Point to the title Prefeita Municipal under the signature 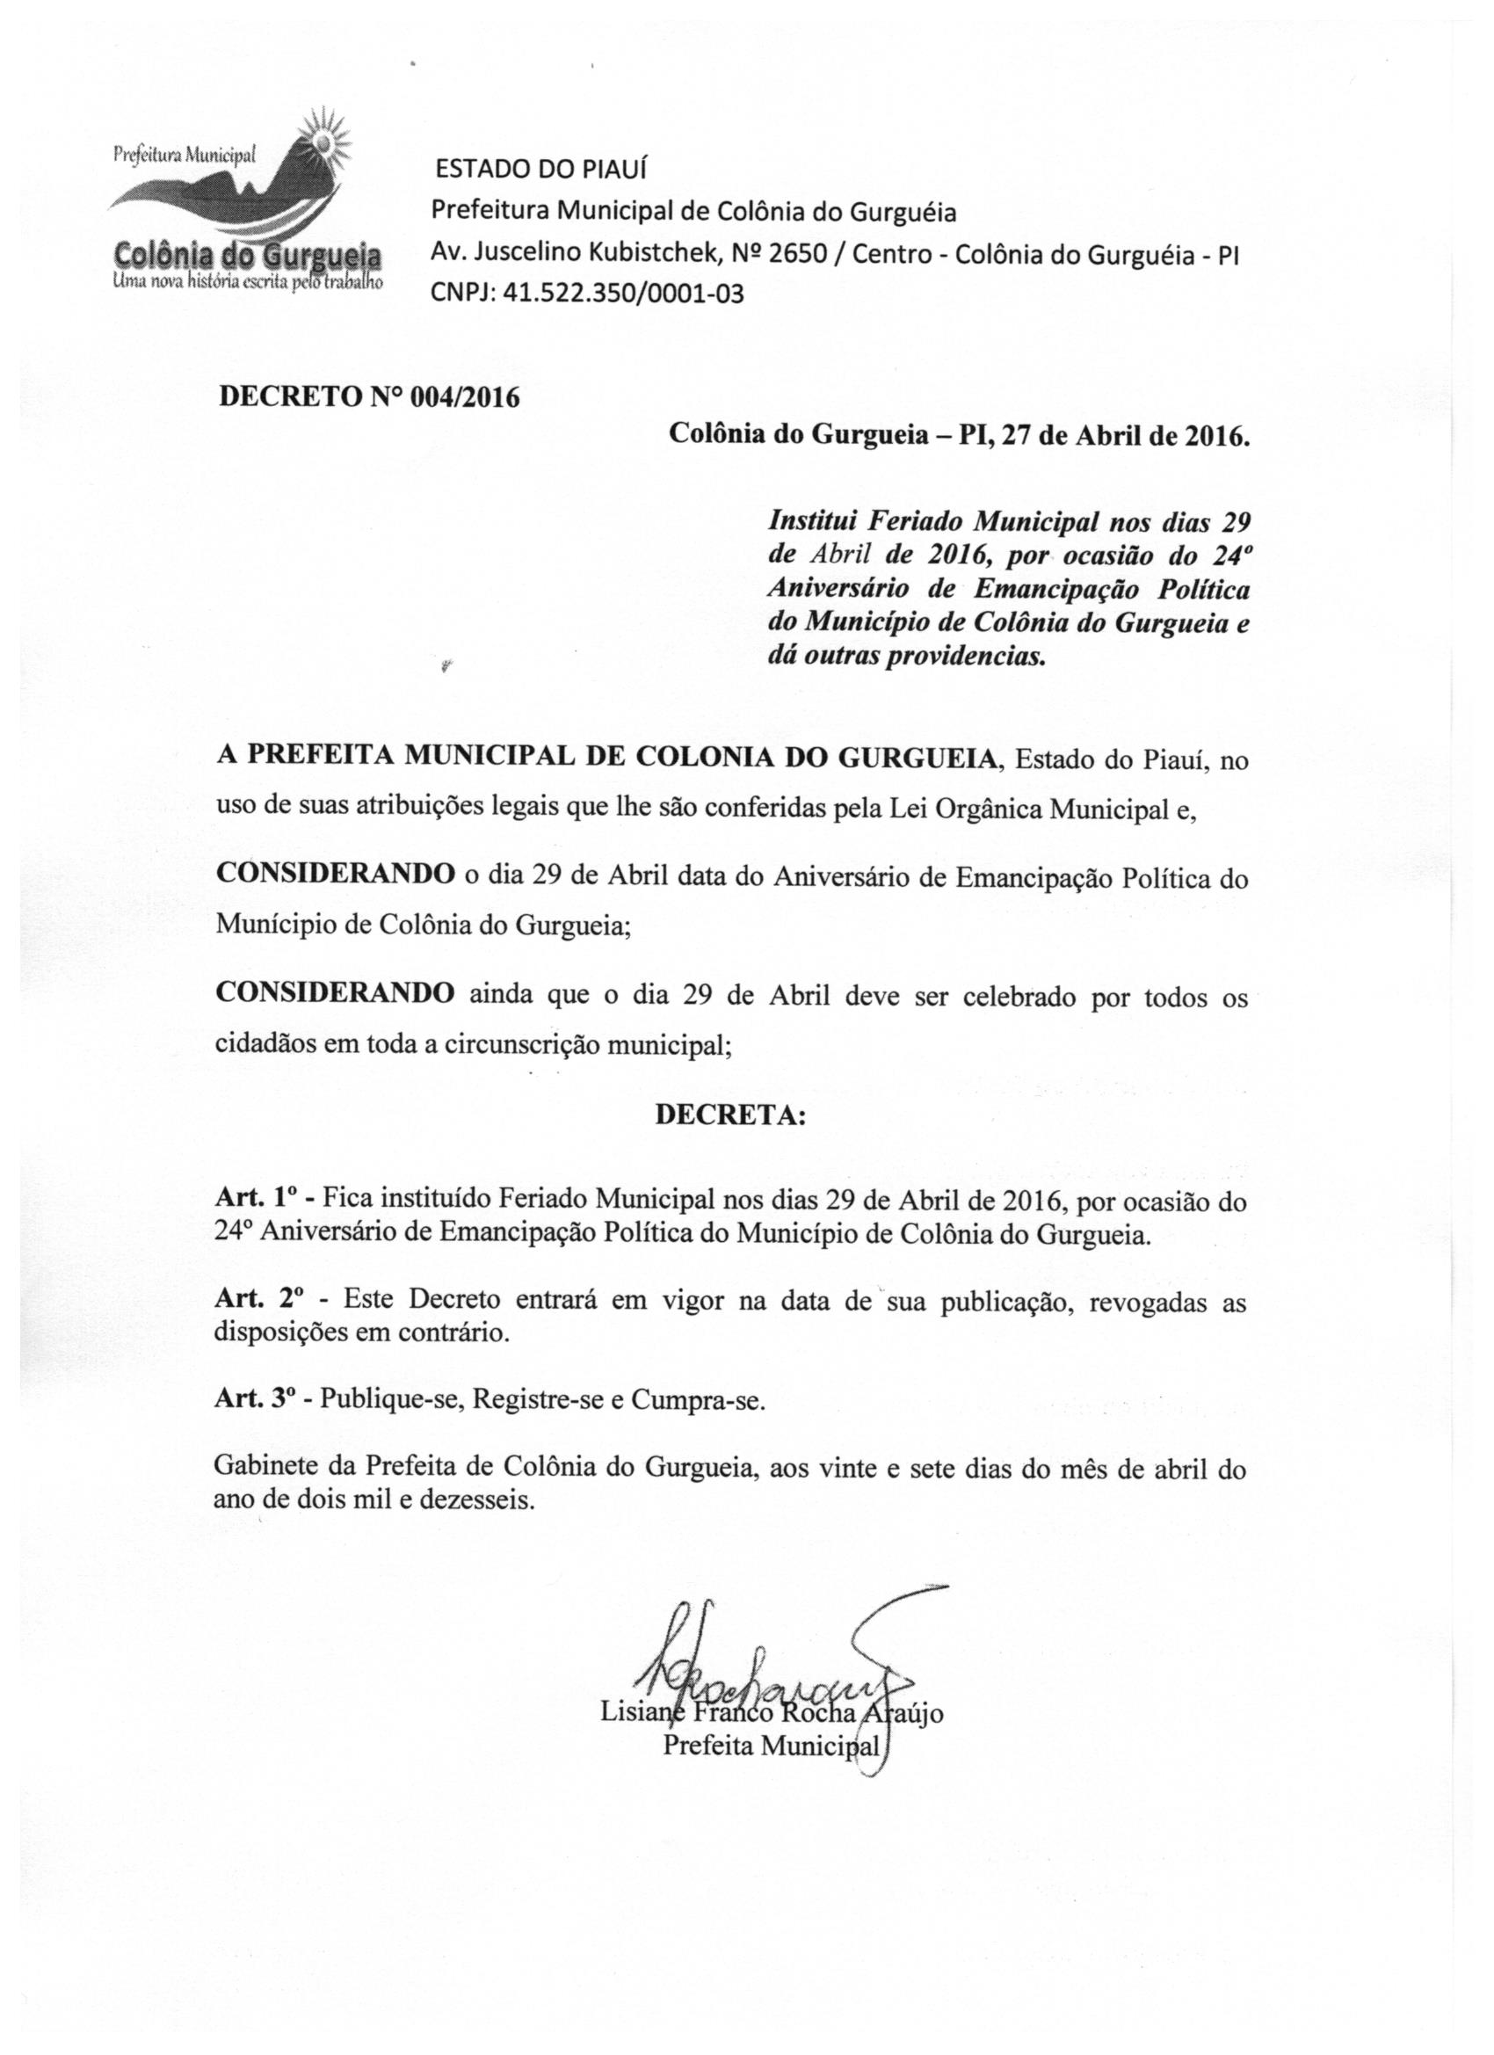point(771,1744)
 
